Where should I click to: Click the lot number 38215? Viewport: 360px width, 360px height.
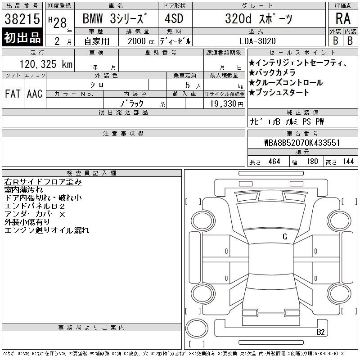tap(22, 19)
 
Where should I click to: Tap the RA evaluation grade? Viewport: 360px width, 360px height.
tap(343, 18)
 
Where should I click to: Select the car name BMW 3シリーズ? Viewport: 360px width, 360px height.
tap(115, 18)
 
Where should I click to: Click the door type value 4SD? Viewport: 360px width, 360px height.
tap(174, 18)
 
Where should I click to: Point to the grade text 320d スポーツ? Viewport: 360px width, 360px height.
tap(259, 18)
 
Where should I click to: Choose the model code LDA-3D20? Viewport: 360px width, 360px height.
tap(257, 41)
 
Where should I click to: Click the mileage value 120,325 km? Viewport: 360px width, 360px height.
tap(46, 64)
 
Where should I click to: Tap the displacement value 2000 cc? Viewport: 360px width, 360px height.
tap(141, 41)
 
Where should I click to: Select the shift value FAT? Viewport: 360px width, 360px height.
tap(13, 94)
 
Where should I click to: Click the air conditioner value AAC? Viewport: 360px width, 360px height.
tap(35, 94)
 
